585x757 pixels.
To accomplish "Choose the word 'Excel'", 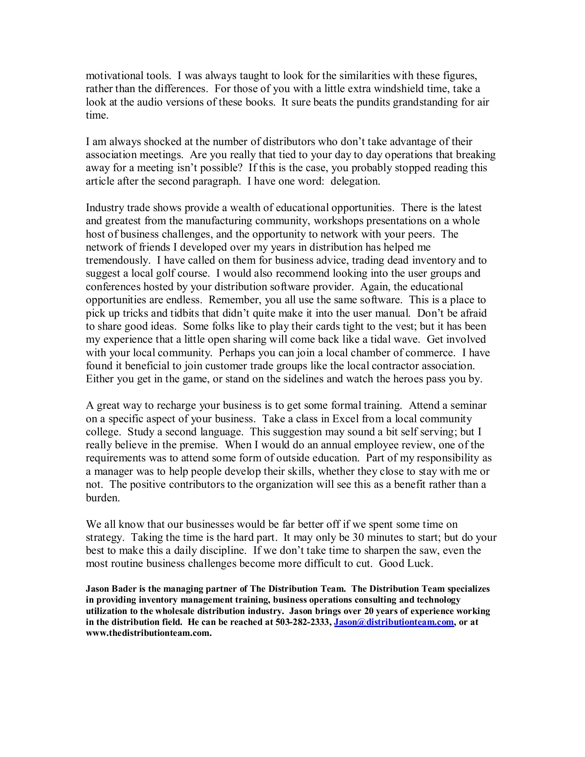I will click(x=346, y=419).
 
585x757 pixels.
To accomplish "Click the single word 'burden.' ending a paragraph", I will click(x=103, y=498).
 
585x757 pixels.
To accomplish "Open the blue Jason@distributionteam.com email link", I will click(x=394, y=622).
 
